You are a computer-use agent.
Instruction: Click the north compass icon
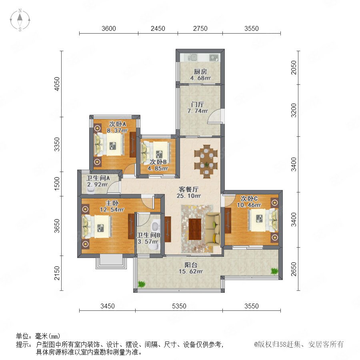click(20, 20)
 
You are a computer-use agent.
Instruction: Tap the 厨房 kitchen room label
click(200, 72)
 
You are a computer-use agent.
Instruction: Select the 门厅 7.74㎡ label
click(198, 108)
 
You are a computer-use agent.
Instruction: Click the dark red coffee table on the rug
click(195, 229)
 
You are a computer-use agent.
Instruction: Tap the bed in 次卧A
click(109, 145)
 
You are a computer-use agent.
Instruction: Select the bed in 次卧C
click(263, 220)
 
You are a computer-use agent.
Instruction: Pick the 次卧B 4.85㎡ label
click(158, 165)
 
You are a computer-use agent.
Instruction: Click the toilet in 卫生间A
click(91, 190)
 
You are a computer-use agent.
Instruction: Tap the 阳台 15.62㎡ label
click(190, 268)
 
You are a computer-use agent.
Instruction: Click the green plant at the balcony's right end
click(274, 271)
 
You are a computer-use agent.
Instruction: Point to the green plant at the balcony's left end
click(142, 284)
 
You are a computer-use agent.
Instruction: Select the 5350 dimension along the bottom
click(179, 306)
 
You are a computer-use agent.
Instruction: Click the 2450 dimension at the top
click(158, 28)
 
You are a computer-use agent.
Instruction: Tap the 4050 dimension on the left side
click(57, 84)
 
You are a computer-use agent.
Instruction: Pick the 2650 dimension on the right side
click(294, 269)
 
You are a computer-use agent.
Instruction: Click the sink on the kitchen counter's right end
click(214, 57)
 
